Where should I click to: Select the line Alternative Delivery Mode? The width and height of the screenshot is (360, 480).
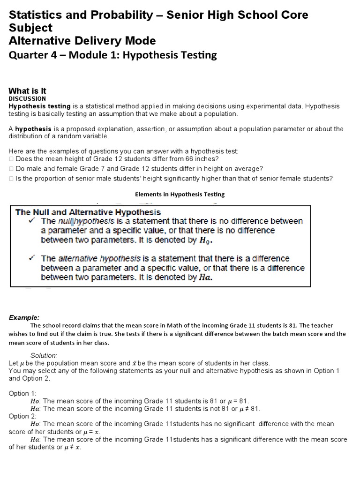point(82,41)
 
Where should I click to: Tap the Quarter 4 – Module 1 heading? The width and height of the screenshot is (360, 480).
point(113,55)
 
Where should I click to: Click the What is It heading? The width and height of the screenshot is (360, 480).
point(28,91)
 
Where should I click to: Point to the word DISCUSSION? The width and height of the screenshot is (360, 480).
point(27,99)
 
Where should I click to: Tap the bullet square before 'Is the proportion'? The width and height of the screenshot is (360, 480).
point(11,178)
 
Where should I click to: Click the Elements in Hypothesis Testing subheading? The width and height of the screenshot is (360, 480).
point(180,194)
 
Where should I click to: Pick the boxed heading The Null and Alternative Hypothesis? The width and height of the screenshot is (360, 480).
point(88,212)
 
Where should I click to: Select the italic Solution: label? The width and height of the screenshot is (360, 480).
point(44,355)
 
